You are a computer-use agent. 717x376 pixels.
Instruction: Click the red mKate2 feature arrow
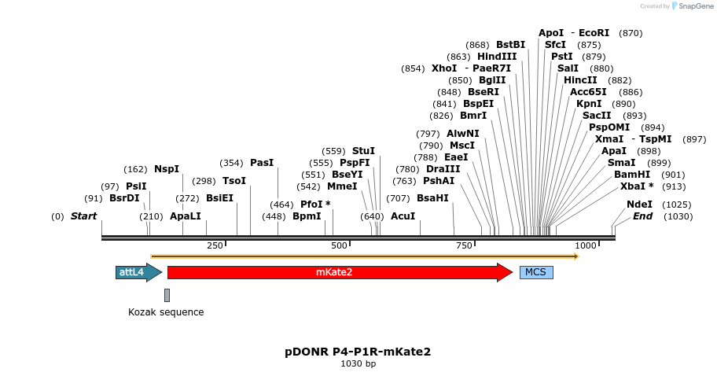pos(338,272)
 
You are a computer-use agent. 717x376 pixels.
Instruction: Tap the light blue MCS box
pos(535,272)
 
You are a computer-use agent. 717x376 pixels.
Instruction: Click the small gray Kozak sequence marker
pos(167,295)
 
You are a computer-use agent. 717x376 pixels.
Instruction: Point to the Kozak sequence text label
pos(166,312)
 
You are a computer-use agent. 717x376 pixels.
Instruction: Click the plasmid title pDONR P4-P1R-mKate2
pos(358,352)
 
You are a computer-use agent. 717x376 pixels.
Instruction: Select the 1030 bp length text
pos(358,364)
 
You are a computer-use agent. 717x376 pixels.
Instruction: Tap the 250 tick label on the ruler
pos(215,246)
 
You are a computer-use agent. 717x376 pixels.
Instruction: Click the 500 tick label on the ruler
pos(339,246)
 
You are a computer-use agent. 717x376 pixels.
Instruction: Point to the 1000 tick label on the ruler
pos(586,246)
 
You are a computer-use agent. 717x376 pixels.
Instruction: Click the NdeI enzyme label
pos(639,204)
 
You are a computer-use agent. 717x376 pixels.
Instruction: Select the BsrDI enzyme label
pos(124,198)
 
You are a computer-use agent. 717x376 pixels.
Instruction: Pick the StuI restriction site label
pos(363,150)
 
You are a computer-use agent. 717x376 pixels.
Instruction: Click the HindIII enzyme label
pos(497,57)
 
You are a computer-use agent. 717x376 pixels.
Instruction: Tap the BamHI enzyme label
pos(632,175)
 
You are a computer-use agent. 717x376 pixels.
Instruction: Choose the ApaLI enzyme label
pos(185,216)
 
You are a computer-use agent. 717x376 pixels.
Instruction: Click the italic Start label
pos(83,216)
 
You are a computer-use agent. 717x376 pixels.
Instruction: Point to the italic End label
pos(642,216)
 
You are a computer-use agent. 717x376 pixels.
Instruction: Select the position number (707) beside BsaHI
pos(398,198)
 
